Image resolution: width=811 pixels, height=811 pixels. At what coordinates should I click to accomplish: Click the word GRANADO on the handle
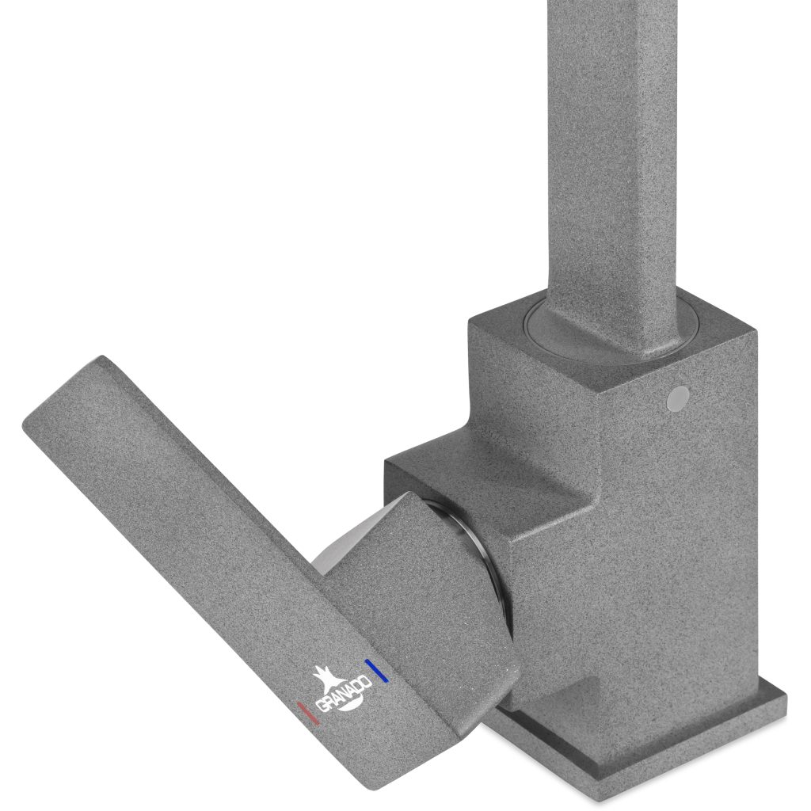point(343,693)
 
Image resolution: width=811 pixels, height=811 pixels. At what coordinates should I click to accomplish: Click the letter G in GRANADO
point(322,706)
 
